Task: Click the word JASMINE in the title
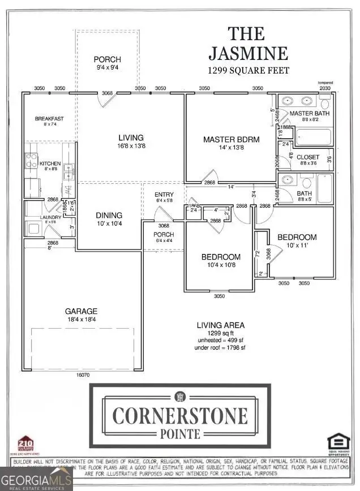click(248, 53)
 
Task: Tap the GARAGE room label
click(82, 311)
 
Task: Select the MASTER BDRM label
click(227, 139)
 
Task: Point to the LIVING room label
click(131, 137)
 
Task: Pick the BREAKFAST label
click(49, 119)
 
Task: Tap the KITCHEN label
click(50, 163)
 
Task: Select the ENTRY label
click(164, 195)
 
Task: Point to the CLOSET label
click(308, 157)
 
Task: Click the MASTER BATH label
click(309, 114)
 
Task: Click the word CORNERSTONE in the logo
click(180, 416)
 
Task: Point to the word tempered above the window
click(325, 82)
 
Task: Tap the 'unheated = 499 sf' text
click(221, 340)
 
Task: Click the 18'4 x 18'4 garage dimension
click(82, 320)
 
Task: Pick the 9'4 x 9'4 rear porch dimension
click(108, 68)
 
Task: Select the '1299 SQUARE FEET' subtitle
click(249, 71)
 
